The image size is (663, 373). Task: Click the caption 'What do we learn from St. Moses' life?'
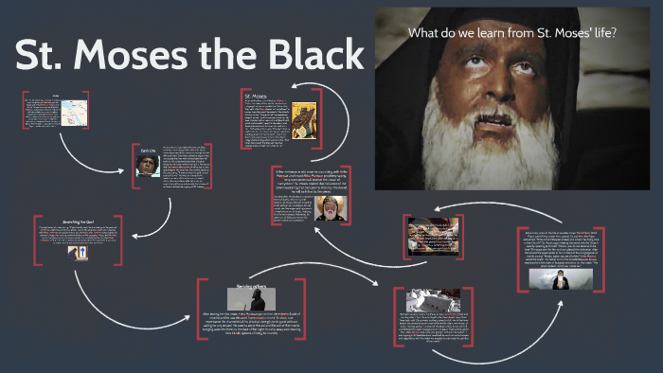pos(512,33)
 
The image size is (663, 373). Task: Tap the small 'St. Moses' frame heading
pos(257,95)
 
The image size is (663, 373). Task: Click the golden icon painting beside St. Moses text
pos(303,124)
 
